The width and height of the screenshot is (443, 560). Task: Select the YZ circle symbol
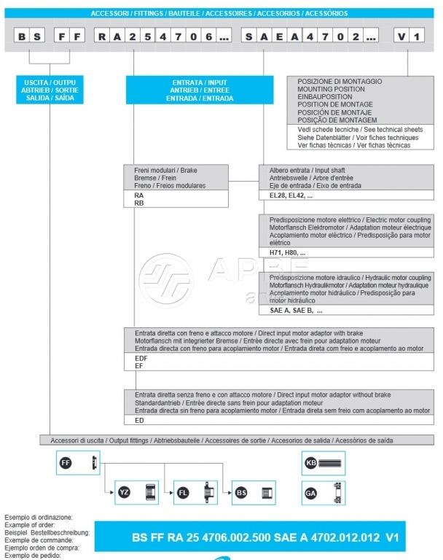click(125, 493)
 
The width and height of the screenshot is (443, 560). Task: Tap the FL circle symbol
click(184, 493)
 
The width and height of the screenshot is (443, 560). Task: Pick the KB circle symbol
click(311, 462)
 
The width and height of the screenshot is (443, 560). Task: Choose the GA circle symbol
click(311, 493)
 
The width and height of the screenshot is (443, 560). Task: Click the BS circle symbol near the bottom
click(242, 493)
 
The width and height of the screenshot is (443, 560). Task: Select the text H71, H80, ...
click(288, 252)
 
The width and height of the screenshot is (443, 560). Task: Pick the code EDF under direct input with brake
click(141, 359)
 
